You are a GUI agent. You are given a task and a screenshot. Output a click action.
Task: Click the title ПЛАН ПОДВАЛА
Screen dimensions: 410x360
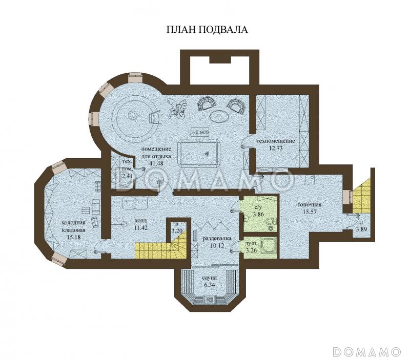point(207,30)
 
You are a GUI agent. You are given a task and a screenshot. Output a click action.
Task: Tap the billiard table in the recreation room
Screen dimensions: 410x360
point(199,152)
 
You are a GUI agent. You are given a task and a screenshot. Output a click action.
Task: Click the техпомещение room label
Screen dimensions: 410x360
point(276,141)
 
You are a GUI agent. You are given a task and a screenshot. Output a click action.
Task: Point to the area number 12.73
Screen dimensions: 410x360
point(276,148)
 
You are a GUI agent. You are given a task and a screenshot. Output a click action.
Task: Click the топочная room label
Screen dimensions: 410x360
point(310,205)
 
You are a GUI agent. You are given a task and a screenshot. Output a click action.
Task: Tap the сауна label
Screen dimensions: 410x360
point(209,278)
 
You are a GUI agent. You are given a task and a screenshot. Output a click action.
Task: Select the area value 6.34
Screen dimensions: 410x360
point(209,285)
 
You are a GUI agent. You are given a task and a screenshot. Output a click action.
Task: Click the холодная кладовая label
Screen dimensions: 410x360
point(73,226)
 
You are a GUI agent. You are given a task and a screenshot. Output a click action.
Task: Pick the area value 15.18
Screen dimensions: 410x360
point(73,237)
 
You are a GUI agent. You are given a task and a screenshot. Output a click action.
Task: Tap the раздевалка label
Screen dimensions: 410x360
point(217,238)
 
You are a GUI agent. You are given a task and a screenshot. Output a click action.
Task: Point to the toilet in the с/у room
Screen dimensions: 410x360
point(271,224)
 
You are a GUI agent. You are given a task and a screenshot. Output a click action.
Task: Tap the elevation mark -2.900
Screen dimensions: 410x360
point(200,132)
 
